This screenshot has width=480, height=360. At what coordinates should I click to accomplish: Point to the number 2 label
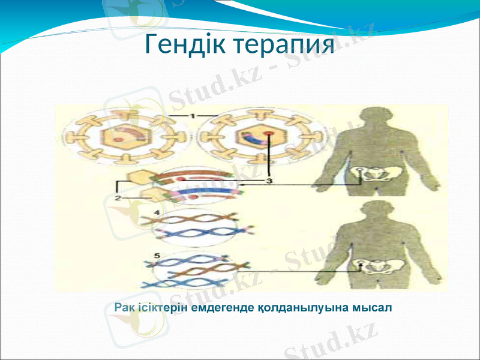tap(118, 197)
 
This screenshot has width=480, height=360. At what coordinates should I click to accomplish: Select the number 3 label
tap(269, 180)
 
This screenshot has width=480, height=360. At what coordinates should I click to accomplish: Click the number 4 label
tap(156, 212)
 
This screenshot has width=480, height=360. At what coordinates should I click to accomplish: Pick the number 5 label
tap(157, 256)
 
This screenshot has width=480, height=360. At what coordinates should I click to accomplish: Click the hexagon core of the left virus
tap(122, 137)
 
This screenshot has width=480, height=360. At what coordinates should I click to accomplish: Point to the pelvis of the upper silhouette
tap(377, 175)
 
